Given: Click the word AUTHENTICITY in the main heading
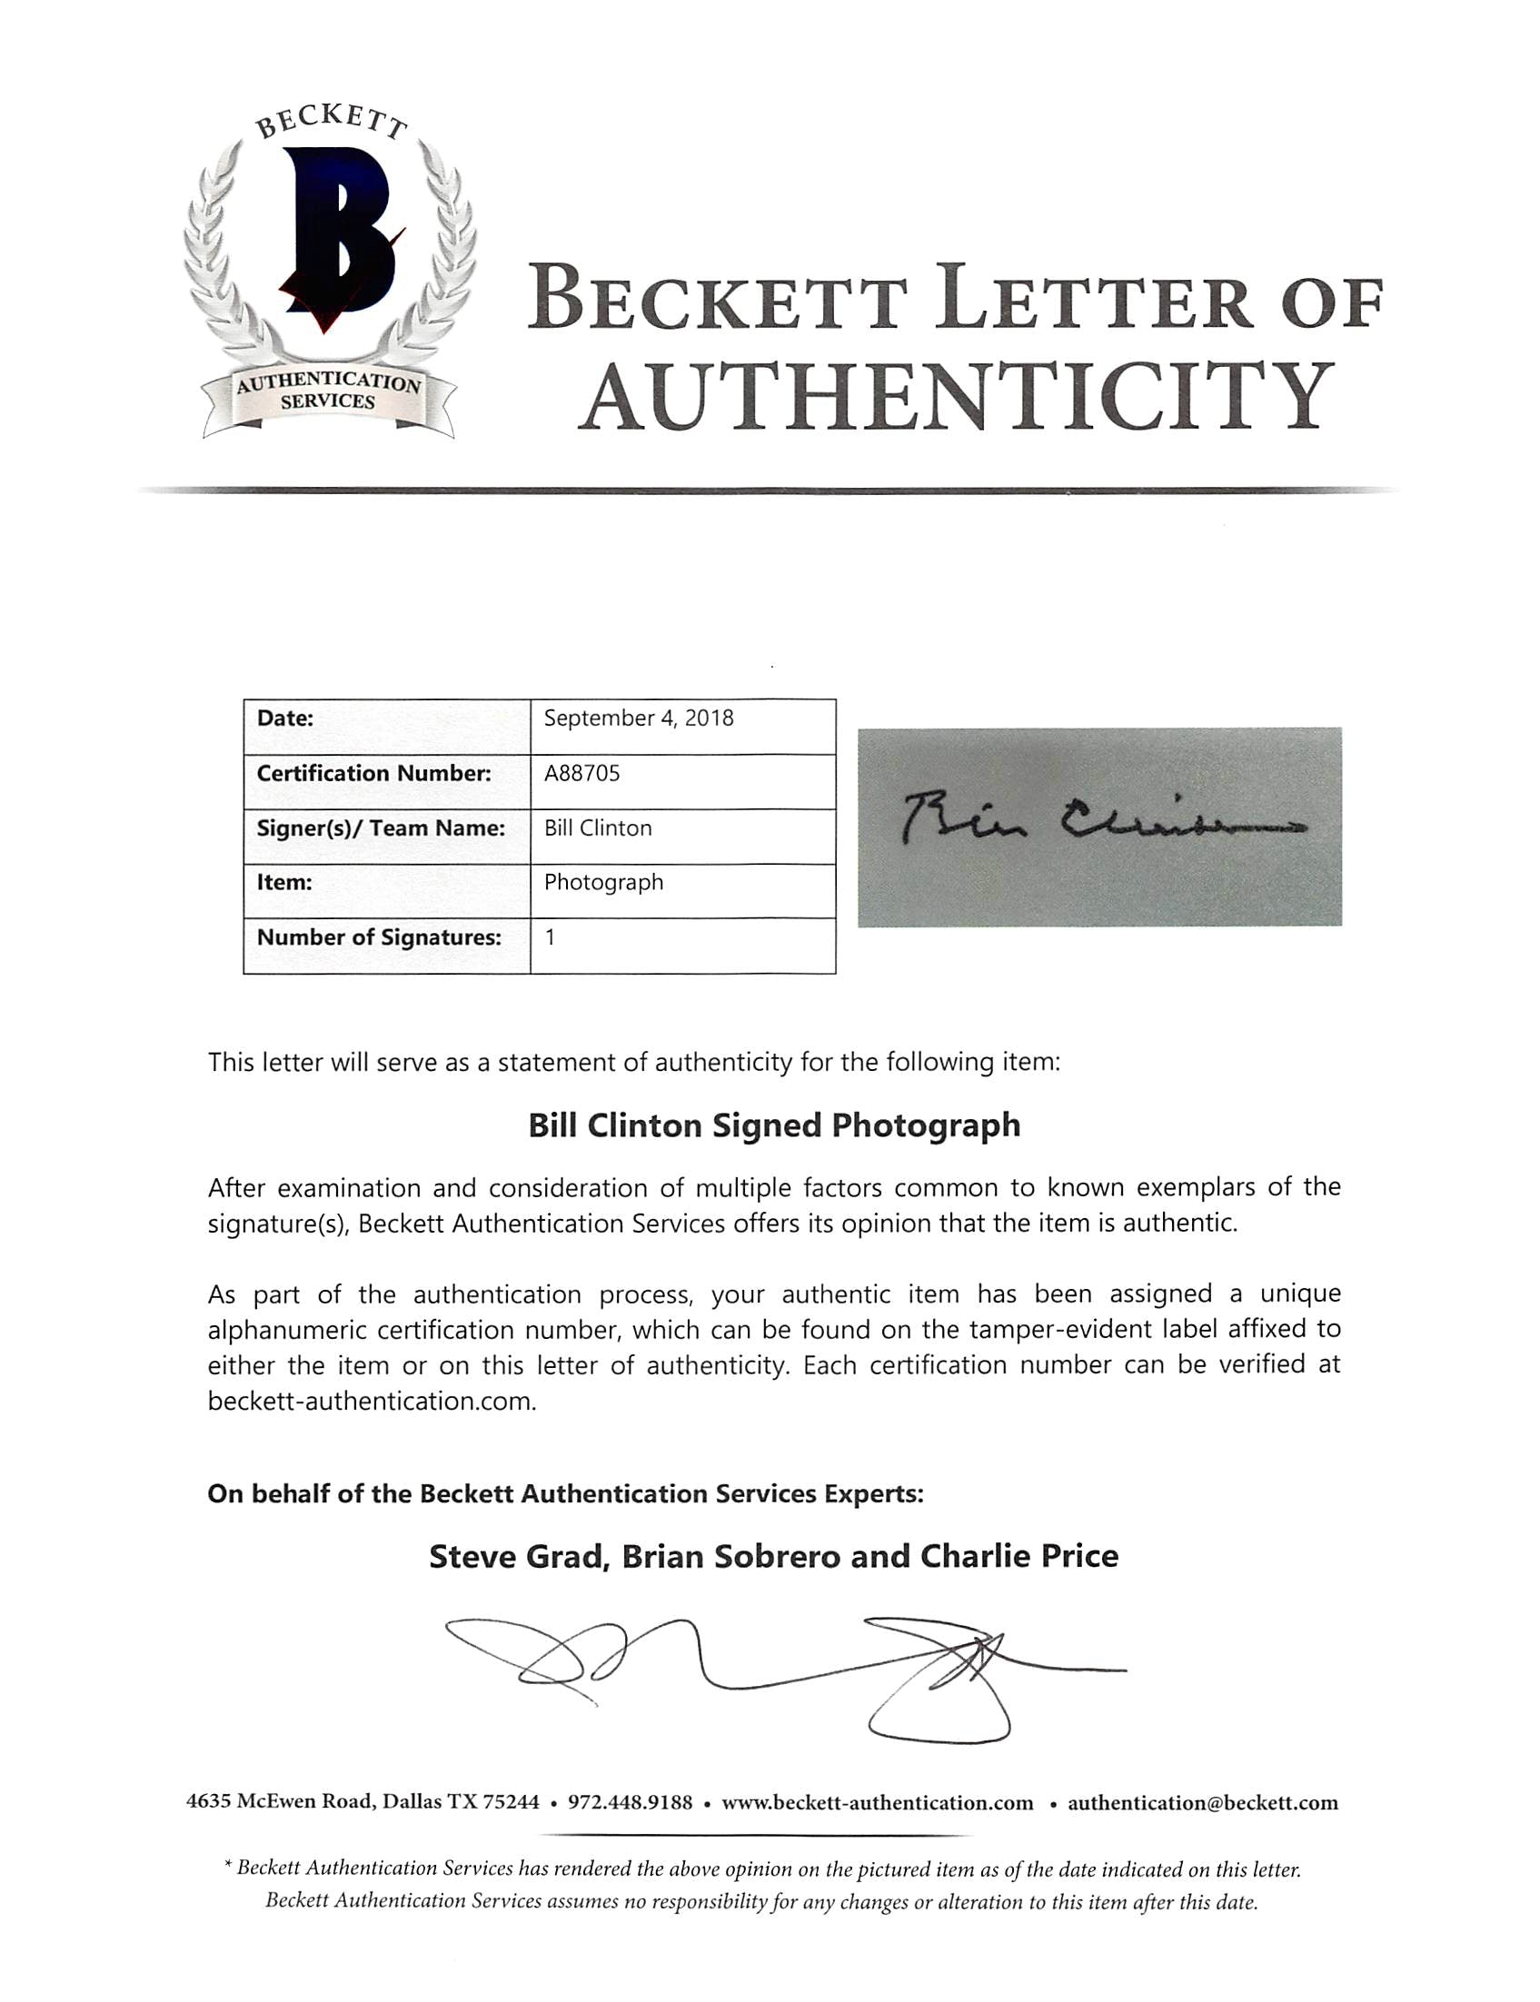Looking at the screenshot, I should pyautogui.click(x=957, y=397).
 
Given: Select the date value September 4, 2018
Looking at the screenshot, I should pyautogui.click(x=638, y=719).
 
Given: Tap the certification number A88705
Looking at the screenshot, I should pyautogui.click(x=581, y=773).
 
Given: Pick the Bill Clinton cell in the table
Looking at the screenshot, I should pyautogui.click(x=598, y=828).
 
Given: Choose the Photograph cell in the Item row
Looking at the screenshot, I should pyautogui.click(x=603, y=882).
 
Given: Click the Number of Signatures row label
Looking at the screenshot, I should pyautogui.click(x=379, y=937).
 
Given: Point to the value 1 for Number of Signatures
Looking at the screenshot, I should pyautogui.click(x=550, y=937).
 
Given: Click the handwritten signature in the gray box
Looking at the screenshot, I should pyautogui.click(x=1099, y=822).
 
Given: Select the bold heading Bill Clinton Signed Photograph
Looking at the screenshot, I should pyautogui.click(x=774, y=1126).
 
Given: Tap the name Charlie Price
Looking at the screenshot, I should pyautogui.click(x=1018, y=1557).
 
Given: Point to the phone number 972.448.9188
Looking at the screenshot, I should pyautogui.click(x=630, y=1803).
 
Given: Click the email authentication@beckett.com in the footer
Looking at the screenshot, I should pyautogui.click(x=1203, y=1803).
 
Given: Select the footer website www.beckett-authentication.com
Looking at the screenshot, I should pyautogui.click(x=878, y=1803).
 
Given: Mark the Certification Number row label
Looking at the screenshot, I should pyautogui.click(x=373, y=773).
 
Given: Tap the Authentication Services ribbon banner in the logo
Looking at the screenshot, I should pyautogui.click(x=328, y=392).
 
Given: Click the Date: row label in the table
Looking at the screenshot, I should pyautogui.click(x=284, y=719).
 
